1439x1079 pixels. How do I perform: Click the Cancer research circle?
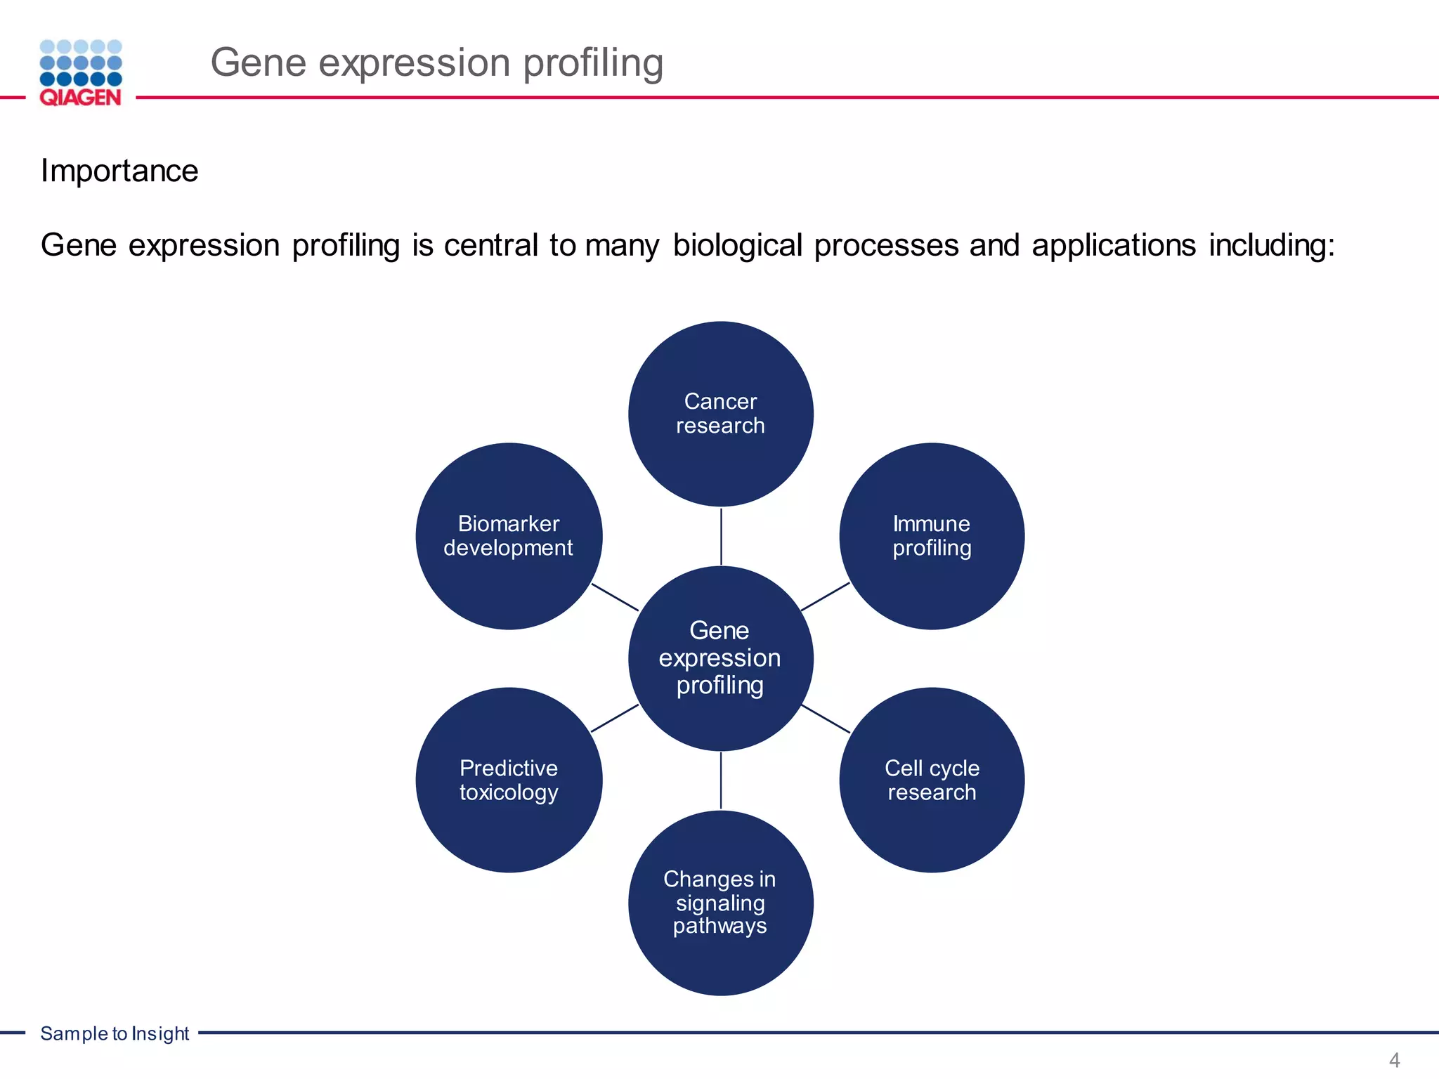[x=720, y=414]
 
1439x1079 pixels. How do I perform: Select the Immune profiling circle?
[x=932, y=536]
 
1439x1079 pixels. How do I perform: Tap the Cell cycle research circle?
[x=932, y=780]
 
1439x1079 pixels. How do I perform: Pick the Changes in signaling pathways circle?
[x=720, y=903]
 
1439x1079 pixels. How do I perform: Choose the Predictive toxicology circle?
[x=509, y=780]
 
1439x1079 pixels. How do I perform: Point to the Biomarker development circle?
[x=509, y=536]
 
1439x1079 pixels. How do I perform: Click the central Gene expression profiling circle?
[x=720, y=658]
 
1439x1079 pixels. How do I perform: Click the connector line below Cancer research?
[x=721, y=536]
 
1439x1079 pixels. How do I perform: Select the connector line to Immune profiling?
[x=825, y=597]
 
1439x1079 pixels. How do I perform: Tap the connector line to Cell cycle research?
[x=826, y=719]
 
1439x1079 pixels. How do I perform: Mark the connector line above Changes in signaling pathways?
[x=721, y=780]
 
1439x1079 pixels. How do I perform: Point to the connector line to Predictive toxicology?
[x=615, y=719]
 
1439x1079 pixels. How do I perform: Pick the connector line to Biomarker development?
[x=615, y=597]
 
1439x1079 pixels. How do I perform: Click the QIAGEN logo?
[x=81, y=73]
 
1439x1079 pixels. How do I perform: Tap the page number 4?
[x=1394, y=1060]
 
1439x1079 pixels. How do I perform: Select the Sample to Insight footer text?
[x=115, y=1033]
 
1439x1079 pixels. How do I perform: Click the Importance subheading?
[x=119, y=171]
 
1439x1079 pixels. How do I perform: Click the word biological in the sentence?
[x=737, y=245]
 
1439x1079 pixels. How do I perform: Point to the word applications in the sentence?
[x=1114, y=245]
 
